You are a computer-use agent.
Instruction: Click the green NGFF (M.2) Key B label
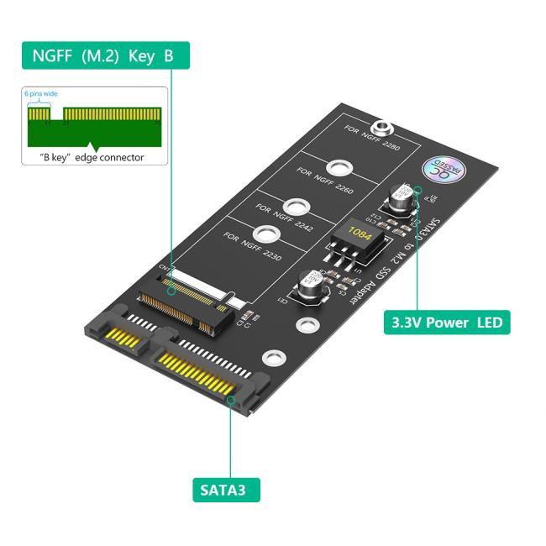(103, 56)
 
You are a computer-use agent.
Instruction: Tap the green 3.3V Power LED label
(446, 322)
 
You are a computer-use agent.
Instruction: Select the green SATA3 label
(225, 488)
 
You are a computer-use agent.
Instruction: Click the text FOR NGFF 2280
(372, 139)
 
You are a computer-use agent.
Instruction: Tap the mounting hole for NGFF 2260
(339, 167)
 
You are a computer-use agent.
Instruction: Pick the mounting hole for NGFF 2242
(295, 205)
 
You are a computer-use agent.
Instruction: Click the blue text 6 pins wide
(40, 94)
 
